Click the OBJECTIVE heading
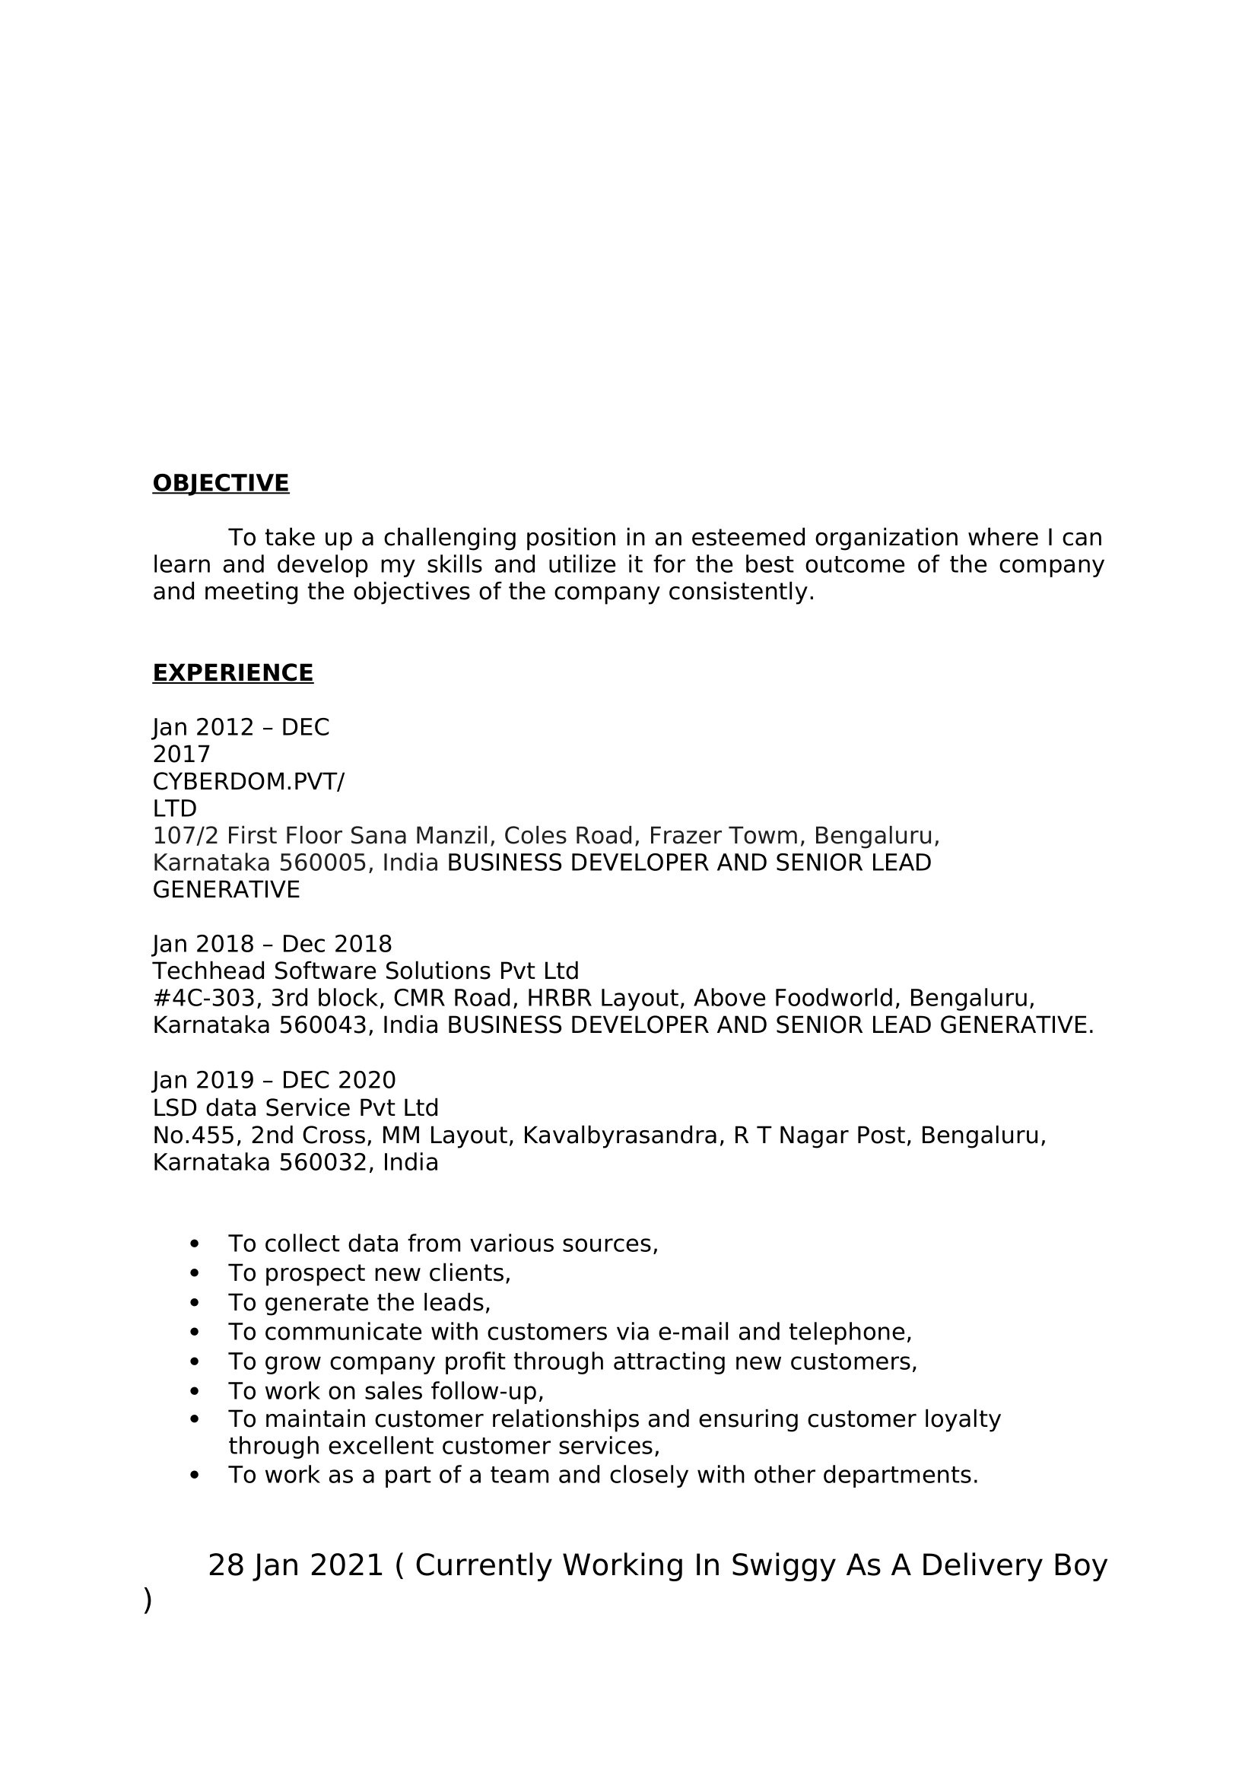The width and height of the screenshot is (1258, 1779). point(221,483)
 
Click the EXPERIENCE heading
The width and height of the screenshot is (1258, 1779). point(233,672)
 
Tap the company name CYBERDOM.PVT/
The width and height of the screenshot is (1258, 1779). point(248,782)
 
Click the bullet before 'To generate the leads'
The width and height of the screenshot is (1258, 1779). point(194,1304)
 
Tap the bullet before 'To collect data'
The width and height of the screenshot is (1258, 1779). point(194,1244)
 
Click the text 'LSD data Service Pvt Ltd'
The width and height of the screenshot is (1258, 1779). point(295,1107)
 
